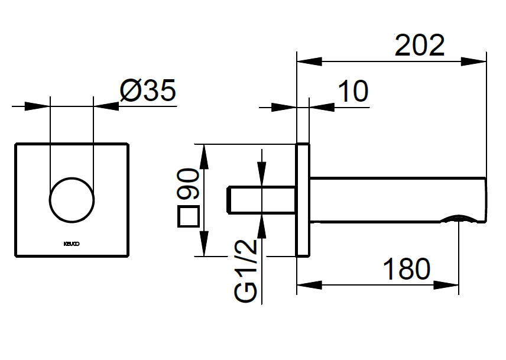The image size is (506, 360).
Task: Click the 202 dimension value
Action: (x=419, y=45)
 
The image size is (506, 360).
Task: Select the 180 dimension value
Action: (x=406, y=270)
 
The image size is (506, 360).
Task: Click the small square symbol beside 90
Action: (x=188, y=217)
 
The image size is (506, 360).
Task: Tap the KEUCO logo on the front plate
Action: (x=71, y=242)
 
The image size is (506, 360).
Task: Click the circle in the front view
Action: (x=72, y=199)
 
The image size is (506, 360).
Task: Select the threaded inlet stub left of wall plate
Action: (x=261, y=199)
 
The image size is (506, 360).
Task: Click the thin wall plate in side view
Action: (x=303, y=199)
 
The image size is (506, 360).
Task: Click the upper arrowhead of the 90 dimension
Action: (x=204, y=155)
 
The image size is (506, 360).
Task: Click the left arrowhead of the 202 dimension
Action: (x=309, y=60)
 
